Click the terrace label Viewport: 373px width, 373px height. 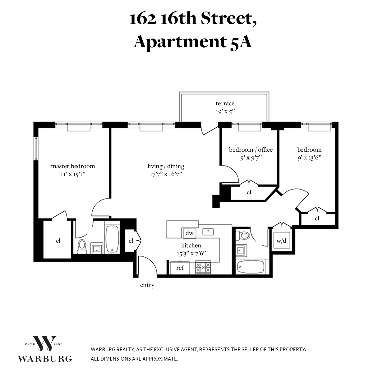click(225, 104)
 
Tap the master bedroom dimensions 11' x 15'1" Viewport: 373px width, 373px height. click(73, 174)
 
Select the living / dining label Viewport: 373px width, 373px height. click(166, 166)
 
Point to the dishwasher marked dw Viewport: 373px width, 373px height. click(189, 233)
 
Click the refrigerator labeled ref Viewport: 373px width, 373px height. click(180, 268)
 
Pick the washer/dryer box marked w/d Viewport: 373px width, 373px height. click(281, 241)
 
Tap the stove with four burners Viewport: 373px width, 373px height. click(203, 268)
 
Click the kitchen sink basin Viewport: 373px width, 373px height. click(208, 232)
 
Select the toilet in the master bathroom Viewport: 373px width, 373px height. click(82, 246)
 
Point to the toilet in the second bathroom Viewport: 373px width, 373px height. click(243, 235)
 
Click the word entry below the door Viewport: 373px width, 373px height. click(147, 285)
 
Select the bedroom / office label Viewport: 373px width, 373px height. click(251, 150)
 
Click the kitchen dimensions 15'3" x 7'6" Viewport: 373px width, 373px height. click(191, 254)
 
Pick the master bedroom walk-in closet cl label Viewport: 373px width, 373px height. click(58, 241)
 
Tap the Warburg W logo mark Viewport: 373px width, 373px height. click(45, 343)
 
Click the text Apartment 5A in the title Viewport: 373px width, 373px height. click(193, 42)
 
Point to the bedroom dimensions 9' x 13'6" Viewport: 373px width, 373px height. click(309, 158)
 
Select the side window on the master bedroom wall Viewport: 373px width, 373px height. click(36, 149)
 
